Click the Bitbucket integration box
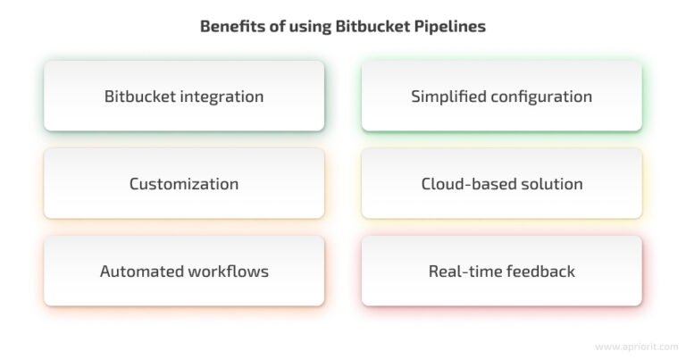pos(184,96)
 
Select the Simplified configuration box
pos(502,96)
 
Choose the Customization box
pos(184,183)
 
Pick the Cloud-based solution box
pos(502,183)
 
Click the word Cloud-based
pos(467,184)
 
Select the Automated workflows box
pos(184,271)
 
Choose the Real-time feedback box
pos(502,271)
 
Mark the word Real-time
pos(462,272)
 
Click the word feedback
pos(537,272)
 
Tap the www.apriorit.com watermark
pos(637,347)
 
